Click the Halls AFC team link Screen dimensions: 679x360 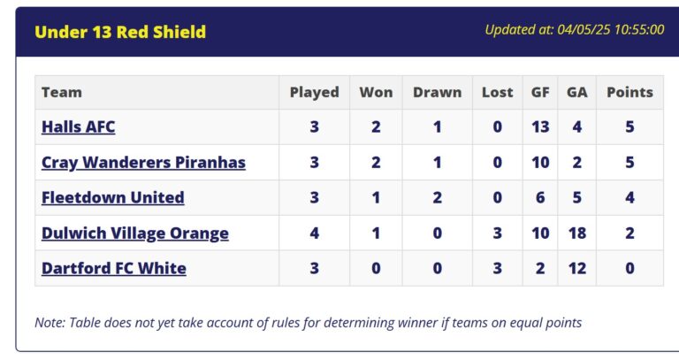(x=79, y=127)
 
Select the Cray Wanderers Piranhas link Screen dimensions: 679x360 (x=143, y=163)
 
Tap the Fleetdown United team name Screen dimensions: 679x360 (x=113, y=197)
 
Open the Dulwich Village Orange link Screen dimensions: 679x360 (x=135, y=234)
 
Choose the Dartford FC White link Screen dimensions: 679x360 (x=114, y=269)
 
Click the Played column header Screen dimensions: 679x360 (x=315, y=93)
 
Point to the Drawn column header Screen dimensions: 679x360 (x=438, y=92)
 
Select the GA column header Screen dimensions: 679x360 (x=577, y=92)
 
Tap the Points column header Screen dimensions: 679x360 (x=629, y=92)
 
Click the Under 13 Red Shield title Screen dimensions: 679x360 (x=120, y=32)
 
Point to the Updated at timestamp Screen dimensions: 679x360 (x=575, y=29)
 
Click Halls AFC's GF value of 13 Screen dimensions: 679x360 (x=540, y=127)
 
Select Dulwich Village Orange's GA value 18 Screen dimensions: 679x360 (x=577, y=233)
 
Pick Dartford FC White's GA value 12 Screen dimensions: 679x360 (x=577, y=269)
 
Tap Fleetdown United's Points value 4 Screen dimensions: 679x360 (x=629, y=197)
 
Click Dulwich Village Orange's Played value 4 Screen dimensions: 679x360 (x=315, y=233)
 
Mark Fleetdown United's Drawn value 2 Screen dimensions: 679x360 (x=438, y=197)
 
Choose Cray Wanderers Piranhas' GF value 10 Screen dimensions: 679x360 (x=540, y=163)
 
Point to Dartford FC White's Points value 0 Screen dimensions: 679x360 (x=629, y=269)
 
